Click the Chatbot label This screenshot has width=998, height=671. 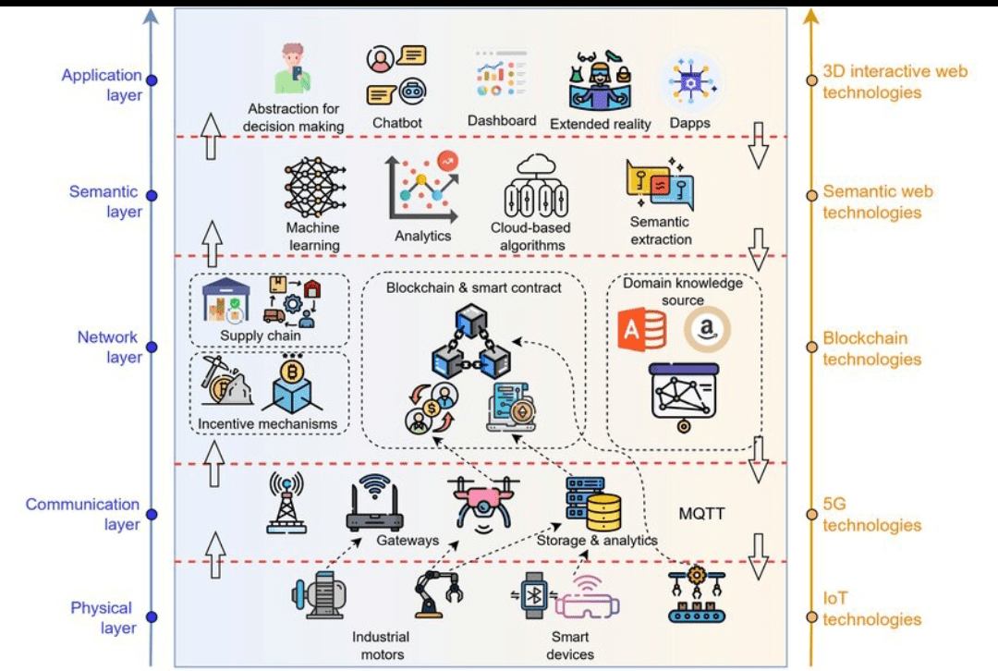pos(397,123)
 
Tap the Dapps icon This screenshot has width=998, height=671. pos(690,81)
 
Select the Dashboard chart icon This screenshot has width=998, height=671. pos(500,74)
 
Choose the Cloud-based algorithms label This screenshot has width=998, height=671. pos(529,237)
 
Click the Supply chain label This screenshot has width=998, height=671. pos(261,335)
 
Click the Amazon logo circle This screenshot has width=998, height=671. pos(707,330)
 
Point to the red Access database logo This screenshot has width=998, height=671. pos(642,330)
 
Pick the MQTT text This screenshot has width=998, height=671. pos(702,514)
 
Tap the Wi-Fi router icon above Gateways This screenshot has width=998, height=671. pos(374,505)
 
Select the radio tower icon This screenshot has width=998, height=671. pos(286,503)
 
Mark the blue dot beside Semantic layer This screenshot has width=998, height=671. pos(152,195)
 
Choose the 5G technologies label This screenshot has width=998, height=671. pos(871,516)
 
